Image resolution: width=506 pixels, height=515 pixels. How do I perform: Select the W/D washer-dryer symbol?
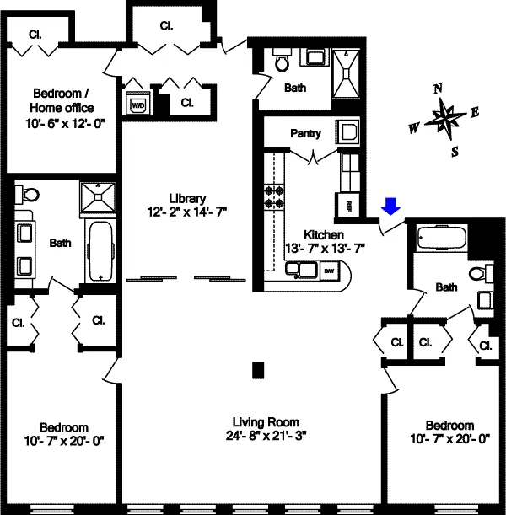135,104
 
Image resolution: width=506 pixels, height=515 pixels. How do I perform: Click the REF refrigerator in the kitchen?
348,203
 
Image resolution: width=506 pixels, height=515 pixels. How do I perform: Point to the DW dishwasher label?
330,270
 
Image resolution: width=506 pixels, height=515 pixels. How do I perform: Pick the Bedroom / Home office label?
62,100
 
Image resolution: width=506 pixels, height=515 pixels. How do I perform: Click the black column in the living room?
259,368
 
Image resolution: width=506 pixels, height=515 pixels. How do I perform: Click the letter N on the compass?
438,88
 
